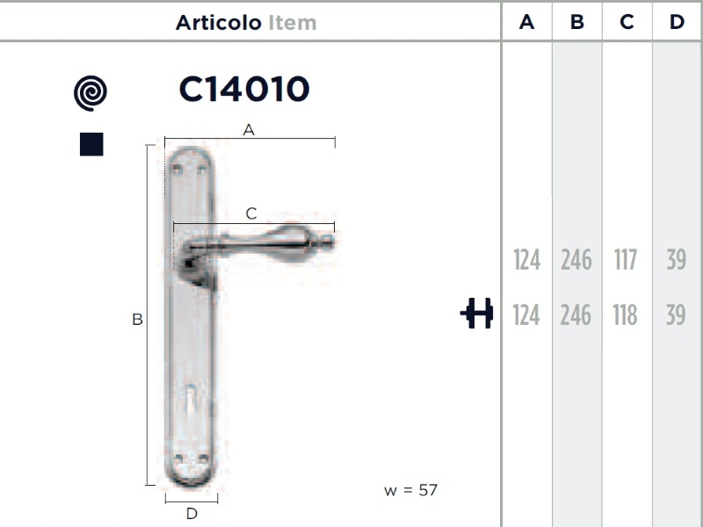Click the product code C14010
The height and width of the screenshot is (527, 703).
(244, 89)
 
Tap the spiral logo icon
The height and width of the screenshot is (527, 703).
(91, 93)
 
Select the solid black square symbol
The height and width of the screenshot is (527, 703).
(91, 144)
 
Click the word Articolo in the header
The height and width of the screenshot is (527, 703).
(218, 23)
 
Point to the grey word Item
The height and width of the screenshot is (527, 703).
(293, 23)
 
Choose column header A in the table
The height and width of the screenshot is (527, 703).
(526, 21)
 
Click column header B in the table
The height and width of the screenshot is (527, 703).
(577, 21)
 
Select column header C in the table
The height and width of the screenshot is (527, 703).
(627, 21)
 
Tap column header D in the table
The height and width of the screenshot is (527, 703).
(677, 21)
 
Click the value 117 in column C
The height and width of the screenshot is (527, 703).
(626, 260)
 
